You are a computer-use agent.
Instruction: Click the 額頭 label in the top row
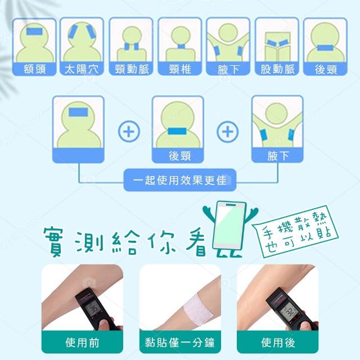coord(34,69)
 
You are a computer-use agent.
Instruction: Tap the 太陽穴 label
coord(82,69)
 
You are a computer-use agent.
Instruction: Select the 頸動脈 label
coord(132,69)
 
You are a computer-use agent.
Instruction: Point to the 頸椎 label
coord(180,69)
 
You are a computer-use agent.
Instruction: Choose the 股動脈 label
coord(277,69)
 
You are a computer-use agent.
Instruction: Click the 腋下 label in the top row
coord(228,69)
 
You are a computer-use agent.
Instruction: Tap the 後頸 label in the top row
coord(326,69)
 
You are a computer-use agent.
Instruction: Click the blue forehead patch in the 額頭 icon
coord(34,31)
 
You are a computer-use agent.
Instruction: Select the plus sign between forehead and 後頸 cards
coord(129,132)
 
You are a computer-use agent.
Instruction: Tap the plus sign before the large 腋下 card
coord(228,132)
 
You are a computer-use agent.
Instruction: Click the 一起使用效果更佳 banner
coord(180,180)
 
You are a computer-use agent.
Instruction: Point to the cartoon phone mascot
coord(229,229)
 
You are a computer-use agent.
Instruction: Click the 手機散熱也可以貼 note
coord(296,232)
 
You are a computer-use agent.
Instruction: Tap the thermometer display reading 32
coord(290,311)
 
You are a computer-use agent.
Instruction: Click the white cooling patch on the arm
coord(198,308)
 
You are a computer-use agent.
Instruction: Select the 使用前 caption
coord(82,343)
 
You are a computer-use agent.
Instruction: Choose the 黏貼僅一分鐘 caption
coord(180,343)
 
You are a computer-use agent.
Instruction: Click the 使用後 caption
coord(278,343)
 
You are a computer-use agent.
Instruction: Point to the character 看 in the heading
coord(197,243)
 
